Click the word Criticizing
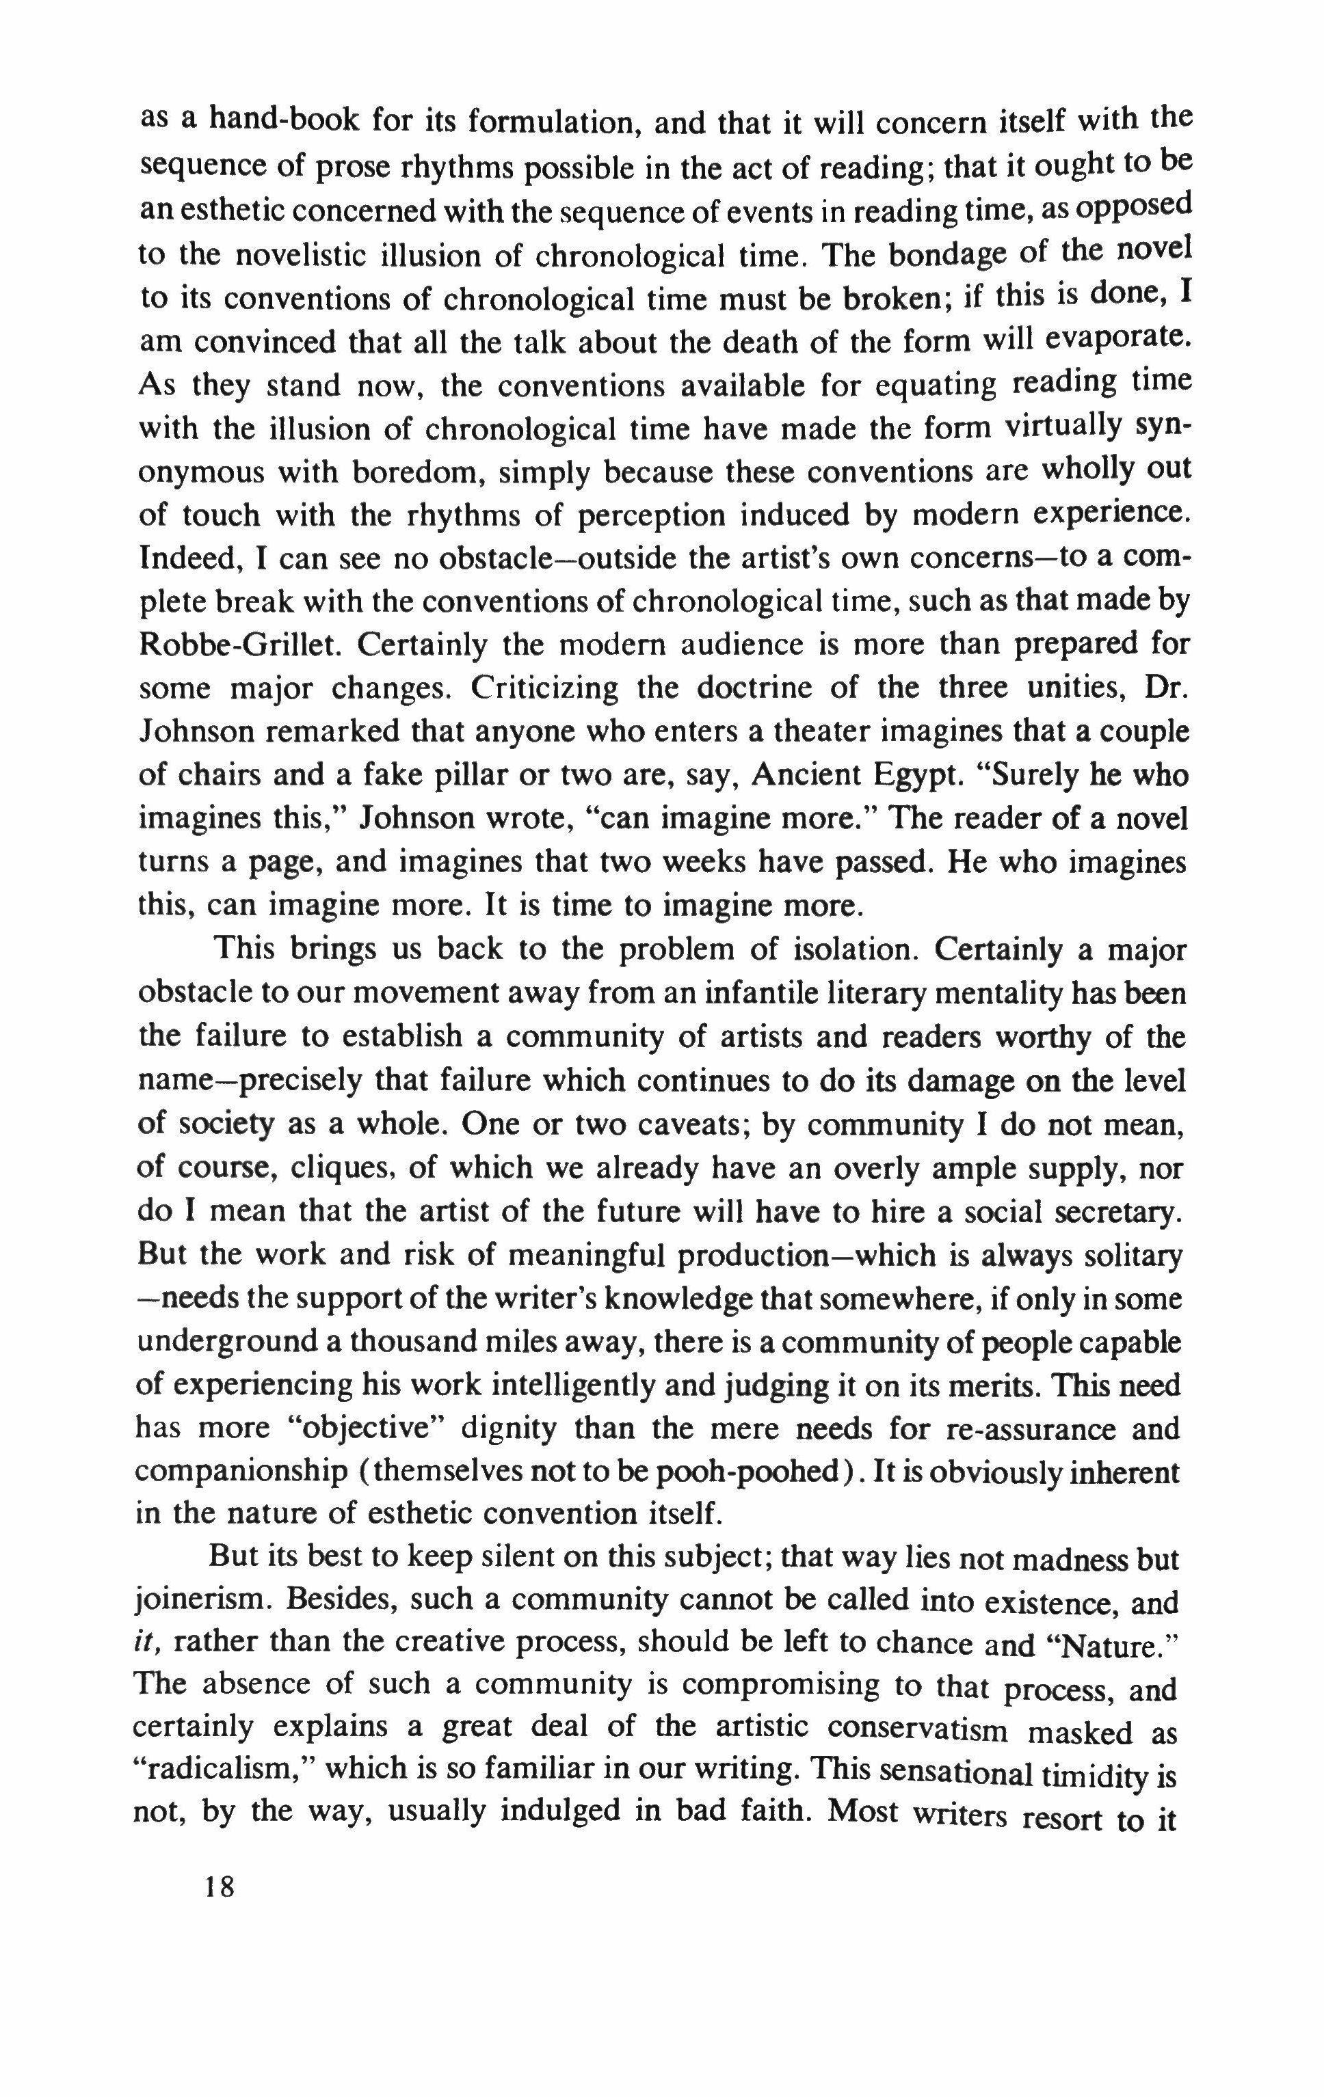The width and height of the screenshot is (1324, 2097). coord(544,689)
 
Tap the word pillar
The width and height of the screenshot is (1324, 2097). coord(478,776)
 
